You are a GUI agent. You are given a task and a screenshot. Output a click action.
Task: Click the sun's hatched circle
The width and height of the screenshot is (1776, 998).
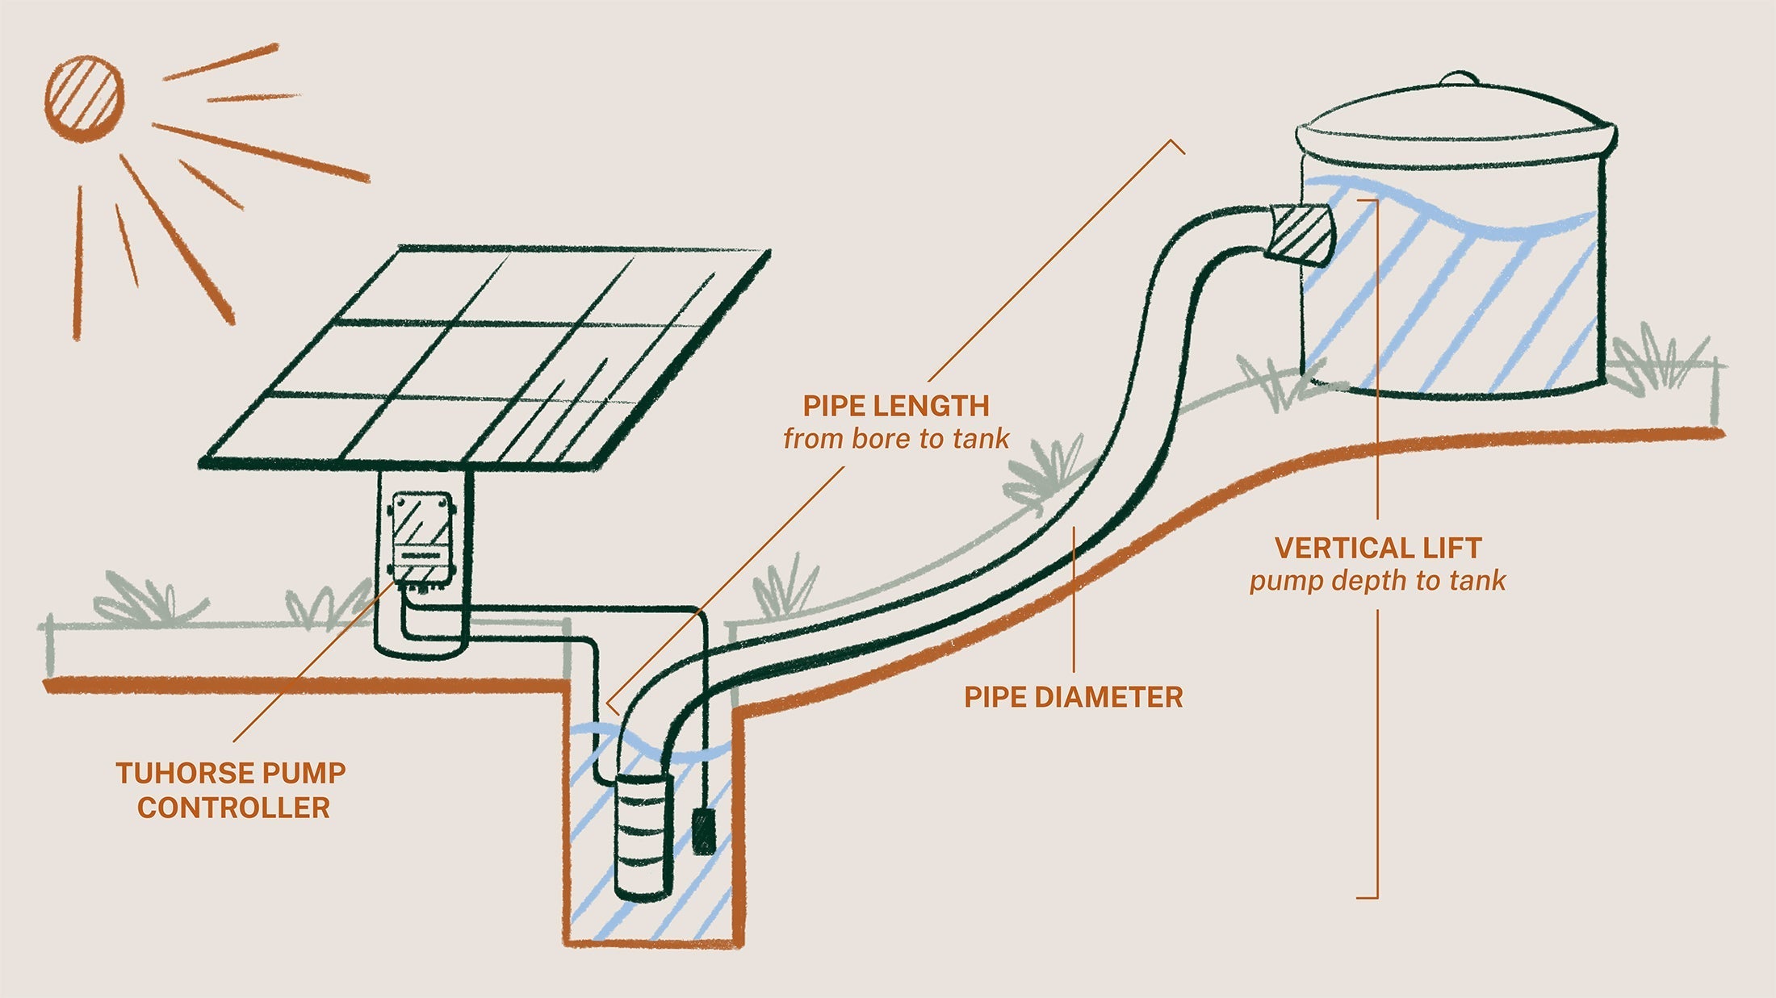tap(84, 95)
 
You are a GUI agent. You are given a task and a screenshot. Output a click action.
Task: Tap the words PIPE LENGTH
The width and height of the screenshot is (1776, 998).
tap(895, 406)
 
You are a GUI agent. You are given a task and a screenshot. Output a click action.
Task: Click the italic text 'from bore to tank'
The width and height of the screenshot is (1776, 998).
tap(895, 439)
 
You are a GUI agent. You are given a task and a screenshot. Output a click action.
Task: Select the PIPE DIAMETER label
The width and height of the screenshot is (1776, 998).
tap(1073, 697)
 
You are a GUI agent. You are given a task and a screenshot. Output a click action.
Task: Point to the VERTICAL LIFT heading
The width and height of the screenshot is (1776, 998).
tap(1377, 549)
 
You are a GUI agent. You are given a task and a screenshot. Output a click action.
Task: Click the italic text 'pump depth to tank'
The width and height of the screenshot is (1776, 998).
tap(1377, 581)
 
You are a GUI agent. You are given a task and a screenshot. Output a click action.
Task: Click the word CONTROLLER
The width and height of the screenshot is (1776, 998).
tap(233, 808)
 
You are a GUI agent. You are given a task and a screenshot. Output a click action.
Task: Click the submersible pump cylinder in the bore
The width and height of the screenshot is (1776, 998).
tap(643, 835)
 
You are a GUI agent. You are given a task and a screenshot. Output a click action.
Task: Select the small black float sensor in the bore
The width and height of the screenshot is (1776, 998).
tap(704, 833)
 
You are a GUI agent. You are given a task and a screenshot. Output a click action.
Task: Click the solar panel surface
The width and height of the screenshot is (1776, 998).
tap(484, 355)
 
